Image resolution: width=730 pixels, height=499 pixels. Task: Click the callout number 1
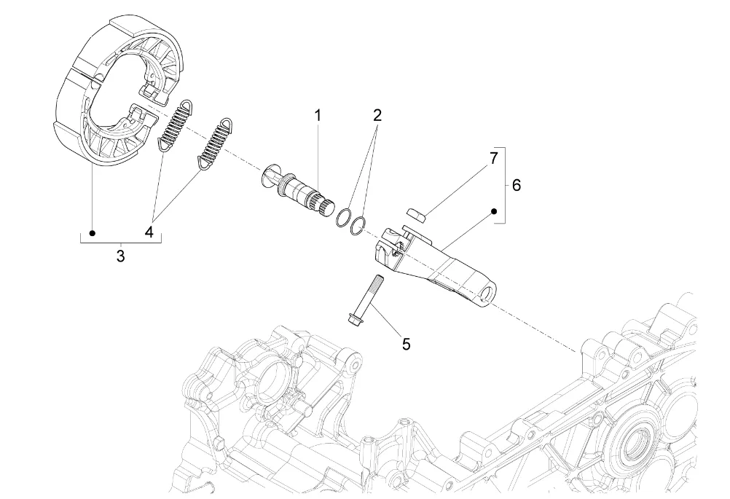pyautogui.click(x=318, y=115)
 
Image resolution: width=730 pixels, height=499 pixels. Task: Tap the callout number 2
pyautogui.click(x=377, y=115)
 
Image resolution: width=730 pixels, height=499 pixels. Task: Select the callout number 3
pyautogui.click(x=121, y=256)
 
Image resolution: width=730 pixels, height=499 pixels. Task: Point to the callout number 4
pyautogui.click(x=149, y=232)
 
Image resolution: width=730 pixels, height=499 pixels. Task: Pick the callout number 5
pyautogui.click(x=407, y=345)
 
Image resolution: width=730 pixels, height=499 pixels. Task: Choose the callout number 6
pyautogui.click(x=517, y=185)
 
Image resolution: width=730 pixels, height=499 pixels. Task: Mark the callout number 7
pyautogui.click(x=493, y=158)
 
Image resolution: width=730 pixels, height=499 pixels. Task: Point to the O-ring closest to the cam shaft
pyautogui.click(x=343, y=218)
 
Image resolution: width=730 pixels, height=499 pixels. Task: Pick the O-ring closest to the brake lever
pyautogui.click(x=358, y=225)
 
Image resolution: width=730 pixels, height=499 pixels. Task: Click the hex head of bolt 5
pyautogui.click(x=354, y=318)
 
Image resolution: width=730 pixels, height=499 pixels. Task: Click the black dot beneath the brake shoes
pyautogui.click(x=93, y=232)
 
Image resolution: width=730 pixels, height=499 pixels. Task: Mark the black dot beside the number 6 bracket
pyautogui.click(x=495, y=211)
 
